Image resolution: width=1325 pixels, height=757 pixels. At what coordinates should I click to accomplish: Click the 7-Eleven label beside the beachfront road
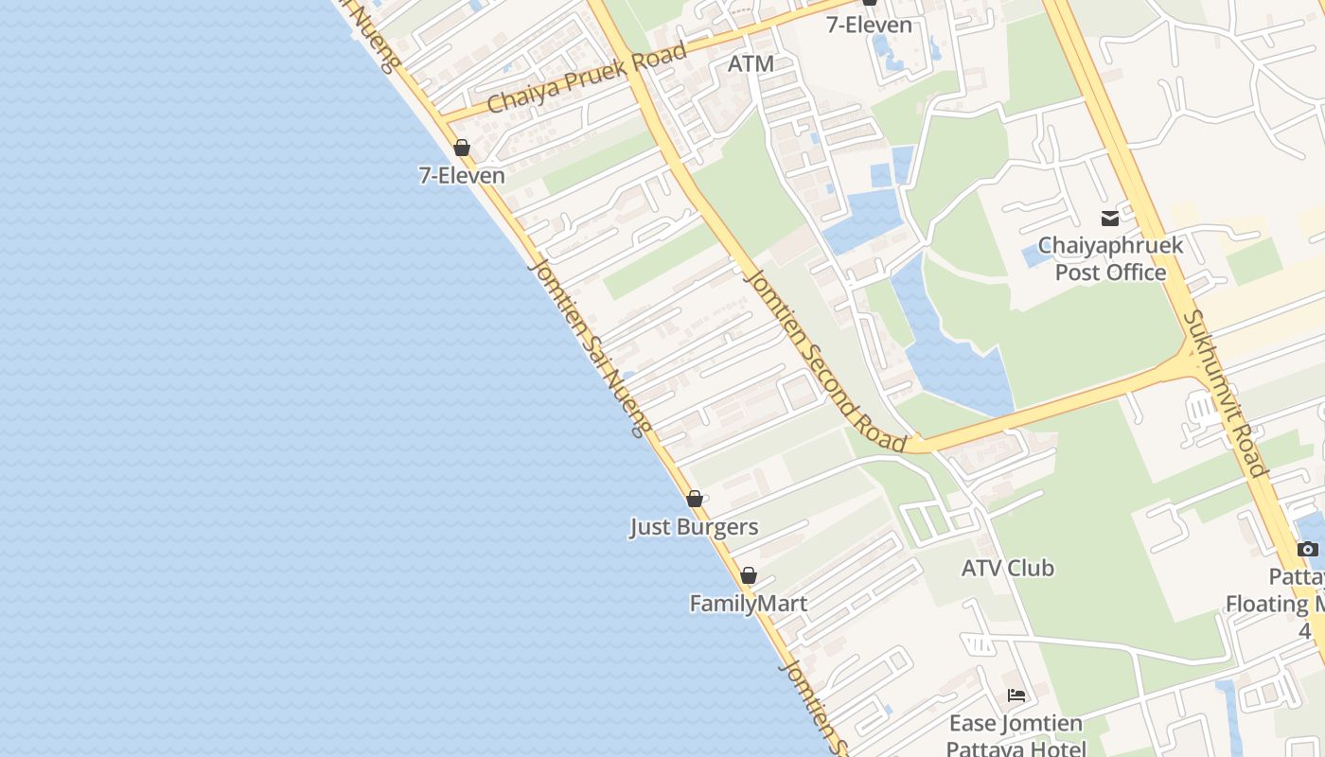click(x=462, y=175)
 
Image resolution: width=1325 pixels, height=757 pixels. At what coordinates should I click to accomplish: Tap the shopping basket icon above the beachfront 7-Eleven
click(x=462, y=148)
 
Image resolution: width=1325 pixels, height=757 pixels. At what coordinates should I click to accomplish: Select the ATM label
click(x=751, y=63)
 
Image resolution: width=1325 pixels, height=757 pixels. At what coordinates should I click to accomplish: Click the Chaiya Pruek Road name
click(x=587, y=79)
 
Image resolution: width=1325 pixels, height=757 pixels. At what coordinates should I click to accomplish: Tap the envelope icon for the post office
click(x=1110, y=219)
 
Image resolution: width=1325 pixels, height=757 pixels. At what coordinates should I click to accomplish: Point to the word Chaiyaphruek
click(x=1110, y=246)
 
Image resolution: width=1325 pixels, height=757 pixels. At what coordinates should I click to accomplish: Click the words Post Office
click(x=1110, y=273)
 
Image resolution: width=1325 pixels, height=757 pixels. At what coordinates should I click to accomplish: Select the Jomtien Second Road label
click(x=826, y=361)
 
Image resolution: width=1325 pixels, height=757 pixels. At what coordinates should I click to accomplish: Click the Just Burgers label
click(x=694, y=526)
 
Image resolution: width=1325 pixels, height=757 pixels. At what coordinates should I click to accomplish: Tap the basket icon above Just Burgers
click(x=695, y=499)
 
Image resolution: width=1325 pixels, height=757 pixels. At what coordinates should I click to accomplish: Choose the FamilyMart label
click(x=748, y=603)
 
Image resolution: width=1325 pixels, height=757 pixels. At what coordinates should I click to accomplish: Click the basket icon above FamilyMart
click(x=749, y=575)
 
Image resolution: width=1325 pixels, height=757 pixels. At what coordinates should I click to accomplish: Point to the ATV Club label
click(x=1007, y=568)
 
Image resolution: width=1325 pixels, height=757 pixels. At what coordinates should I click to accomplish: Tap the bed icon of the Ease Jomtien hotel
click(x=1016, y=695)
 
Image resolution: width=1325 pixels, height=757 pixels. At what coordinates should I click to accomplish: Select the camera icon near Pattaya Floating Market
click(x=1307, y=549)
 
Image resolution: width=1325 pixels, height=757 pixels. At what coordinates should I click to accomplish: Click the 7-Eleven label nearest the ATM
click(x=869, y=25)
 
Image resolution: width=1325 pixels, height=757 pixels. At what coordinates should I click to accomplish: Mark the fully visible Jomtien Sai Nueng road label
click(x=589, y=347)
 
